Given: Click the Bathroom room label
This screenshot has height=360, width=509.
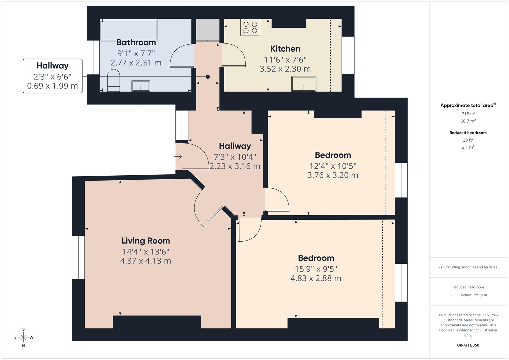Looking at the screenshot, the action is point(136,43).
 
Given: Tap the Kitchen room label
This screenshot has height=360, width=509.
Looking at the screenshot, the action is point(285,49).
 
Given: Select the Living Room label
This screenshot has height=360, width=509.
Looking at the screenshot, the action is point(146,240).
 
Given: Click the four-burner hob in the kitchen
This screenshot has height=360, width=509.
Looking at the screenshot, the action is point(250,27).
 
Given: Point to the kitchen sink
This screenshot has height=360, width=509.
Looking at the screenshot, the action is point(304,84).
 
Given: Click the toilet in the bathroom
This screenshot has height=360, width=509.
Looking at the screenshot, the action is point(113,81).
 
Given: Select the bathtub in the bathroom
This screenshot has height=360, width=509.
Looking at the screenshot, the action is point(129,30).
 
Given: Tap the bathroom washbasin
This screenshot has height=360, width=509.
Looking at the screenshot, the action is point(141,86).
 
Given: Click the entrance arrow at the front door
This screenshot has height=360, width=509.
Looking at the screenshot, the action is point(178,156).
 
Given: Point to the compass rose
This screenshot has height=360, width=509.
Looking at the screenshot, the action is point(23,337).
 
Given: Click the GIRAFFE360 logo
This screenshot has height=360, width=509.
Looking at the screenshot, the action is point(468,345).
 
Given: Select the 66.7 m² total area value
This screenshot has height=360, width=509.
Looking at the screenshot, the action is point(468,121).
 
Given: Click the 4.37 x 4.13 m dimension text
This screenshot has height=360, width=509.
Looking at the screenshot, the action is point(146,261).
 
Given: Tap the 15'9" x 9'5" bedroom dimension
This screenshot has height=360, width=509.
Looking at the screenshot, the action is point(316,269).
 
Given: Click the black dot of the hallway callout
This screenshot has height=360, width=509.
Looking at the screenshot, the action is point(208,77).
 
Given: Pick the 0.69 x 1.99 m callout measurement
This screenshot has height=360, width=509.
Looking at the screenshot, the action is point(52,86).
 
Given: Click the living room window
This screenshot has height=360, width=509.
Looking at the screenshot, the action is point(78,257).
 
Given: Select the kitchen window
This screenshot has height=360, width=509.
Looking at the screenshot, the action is point(348,55).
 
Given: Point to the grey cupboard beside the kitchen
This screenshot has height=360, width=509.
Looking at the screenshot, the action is point(208,30).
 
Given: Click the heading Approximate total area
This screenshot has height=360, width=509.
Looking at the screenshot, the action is point(467,105).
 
